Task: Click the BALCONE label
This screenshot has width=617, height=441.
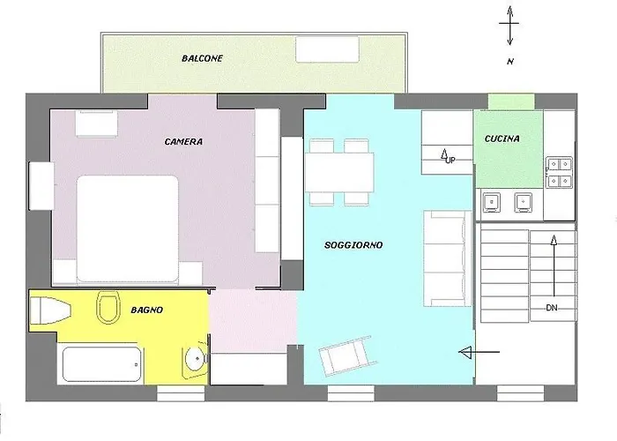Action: [x=202, y=58]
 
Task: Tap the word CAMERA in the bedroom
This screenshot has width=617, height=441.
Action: [x=183, y=141]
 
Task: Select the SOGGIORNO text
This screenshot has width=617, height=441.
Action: [x=353, y=245]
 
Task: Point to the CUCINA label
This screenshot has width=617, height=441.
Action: [x=502, y=138]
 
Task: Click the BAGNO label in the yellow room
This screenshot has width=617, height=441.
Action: [x=145, y=310]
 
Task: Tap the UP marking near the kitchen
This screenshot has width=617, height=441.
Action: [x=450, y=160]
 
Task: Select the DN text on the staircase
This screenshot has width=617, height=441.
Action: [x=552, y=307]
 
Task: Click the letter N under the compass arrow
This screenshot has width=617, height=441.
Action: [x=509, y=62]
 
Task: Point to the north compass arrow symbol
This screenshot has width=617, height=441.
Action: [x=509, y=26]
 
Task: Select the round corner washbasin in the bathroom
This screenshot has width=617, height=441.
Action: [x=195, y=361]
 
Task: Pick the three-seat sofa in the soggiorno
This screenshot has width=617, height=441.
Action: [x=447, y=258]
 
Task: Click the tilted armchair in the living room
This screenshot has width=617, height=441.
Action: [x=345, y=355]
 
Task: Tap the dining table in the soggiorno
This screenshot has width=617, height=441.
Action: [x=340, y=170]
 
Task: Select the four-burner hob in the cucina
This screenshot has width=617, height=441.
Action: [x=558, y=172]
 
